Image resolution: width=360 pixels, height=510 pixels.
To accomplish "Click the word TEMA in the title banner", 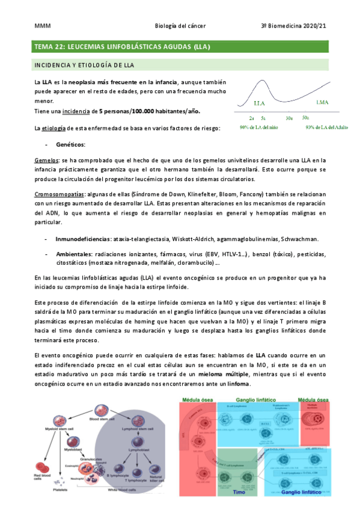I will click(x=43, y=46).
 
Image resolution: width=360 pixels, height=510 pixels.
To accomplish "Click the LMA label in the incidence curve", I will click(x=322, y=102).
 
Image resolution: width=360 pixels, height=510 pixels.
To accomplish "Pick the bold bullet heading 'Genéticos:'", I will click(x=70, y=144).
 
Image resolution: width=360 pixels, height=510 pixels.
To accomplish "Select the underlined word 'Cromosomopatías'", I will click(x=58, y=194).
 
